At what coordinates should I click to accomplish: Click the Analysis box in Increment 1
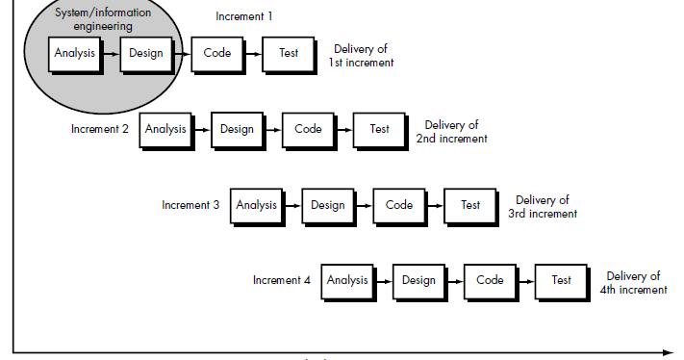pos(74,54)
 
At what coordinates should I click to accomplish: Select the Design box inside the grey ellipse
pos(145,54)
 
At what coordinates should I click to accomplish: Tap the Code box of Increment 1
pos(216,54)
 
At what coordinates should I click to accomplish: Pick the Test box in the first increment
pos(289,54)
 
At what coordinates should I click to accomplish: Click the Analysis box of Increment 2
pos(165,129)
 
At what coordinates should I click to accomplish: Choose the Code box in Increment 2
pos(308,129)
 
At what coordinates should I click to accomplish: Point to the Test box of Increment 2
pos(379,129)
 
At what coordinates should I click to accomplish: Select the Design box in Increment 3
pos(327,205)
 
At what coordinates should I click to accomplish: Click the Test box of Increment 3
pos(469,205)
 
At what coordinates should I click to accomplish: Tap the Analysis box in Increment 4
pos(346,281)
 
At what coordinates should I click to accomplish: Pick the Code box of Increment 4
pos(490,281)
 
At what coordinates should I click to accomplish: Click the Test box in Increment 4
pos(561,281)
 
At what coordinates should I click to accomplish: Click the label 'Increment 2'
pos(99,129)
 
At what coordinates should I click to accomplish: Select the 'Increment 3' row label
pos(190,205)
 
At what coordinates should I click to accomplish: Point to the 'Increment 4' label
pos(281,281)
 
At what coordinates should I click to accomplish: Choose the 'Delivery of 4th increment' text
pos(633,283)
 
